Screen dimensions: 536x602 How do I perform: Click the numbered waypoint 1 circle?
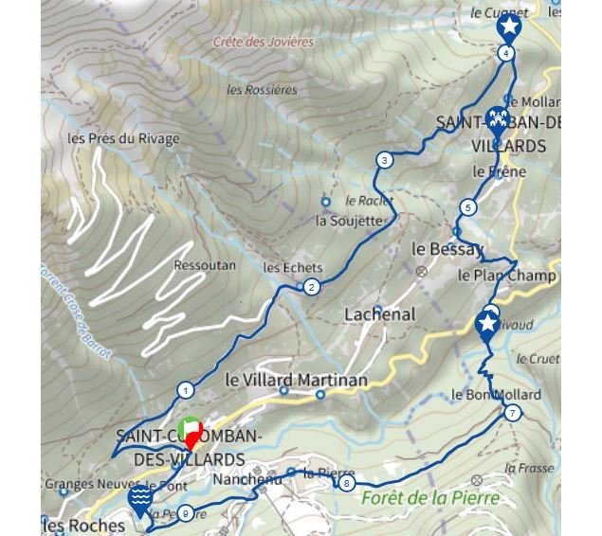[x=186, y=390]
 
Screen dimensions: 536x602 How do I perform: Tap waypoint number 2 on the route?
[x=311, y=288]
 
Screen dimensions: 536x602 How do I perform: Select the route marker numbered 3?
[x=384, y=160]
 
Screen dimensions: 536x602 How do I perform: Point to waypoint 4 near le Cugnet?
[x=507, y=53]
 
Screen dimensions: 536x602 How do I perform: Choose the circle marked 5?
[x=468, y=207]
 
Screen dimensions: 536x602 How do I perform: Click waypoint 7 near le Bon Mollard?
[x=513, y=413]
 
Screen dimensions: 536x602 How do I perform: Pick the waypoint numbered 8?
[x=347, y=484]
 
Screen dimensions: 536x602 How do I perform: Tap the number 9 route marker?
[x=185, y=513]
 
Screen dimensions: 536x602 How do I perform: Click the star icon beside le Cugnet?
[x=509, y=27]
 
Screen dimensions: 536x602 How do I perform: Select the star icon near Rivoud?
[x=487, y=325]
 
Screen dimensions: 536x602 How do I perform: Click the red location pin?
[x=192, y=439]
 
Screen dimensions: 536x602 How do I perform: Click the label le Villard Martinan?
[x=296, y=379]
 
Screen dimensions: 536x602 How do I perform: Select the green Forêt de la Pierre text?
[x=429, y=498]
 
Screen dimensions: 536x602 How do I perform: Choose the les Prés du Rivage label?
[x=123, y=138]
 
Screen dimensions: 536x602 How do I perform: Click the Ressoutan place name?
[x=205, y=266]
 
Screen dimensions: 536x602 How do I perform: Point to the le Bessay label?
[x=447, y=249]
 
